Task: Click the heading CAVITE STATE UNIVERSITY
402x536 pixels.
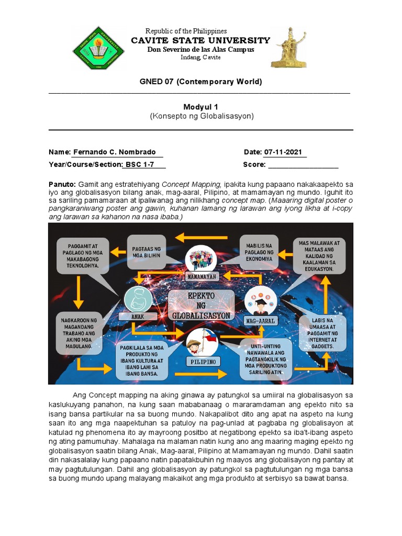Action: [200, 40]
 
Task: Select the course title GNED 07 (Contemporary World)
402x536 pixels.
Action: [200, 82]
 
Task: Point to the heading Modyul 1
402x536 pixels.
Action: [200, 107]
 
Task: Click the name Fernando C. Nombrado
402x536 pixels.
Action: [114, 152]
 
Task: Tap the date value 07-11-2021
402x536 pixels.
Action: [283, 152]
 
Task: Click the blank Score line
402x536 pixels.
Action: [303, 165]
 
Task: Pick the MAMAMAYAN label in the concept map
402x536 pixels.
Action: [201, 276]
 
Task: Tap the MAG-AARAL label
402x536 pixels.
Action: [260, 320]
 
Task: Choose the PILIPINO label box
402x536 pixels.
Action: [203, 361]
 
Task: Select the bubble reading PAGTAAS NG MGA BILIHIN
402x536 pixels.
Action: [146, 252]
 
